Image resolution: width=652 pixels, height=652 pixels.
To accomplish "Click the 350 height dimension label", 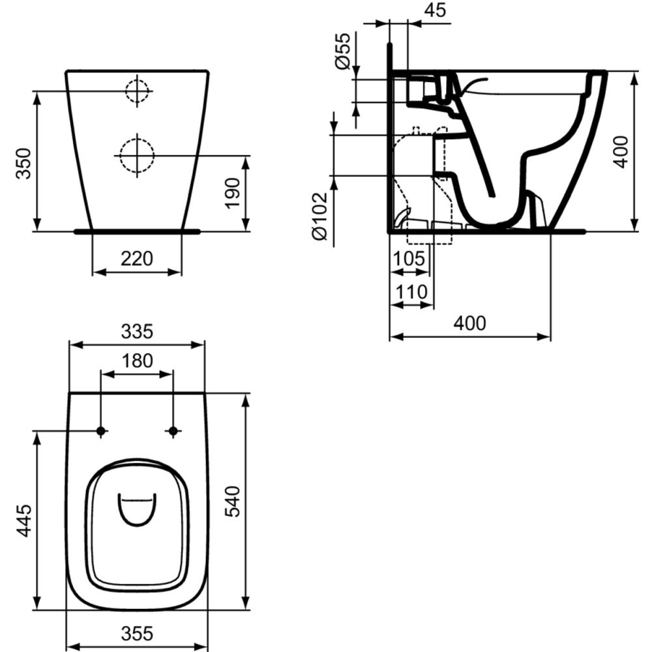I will coord(23,165).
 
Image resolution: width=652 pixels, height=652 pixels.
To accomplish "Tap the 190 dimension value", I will coord(233,194).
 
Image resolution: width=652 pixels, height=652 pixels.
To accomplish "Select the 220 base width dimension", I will coord(137,259).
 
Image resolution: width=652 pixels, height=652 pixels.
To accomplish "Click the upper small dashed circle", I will coord(138,91).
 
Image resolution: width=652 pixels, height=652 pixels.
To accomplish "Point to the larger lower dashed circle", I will coord(136,155).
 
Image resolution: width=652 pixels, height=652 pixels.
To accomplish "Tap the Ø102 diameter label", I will coord(318,216).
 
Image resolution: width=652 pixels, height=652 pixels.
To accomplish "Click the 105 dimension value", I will coord(409,259).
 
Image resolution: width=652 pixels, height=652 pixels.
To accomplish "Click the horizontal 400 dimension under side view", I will coord(469,324).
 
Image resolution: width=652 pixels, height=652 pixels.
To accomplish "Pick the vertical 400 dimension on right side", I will coord(621,151).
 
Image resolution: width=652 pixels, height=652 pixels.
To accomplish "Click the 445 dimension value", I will coord(23,520).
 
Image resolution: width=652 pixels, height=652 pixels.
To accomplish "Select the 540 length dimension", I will coord(233,501).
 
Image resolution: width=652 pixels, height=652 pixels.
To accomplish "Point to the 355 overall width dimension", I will coord(137,632).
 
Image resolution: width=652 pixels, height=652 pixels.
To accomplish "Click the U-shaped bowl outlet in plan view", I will coord(137,509).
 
